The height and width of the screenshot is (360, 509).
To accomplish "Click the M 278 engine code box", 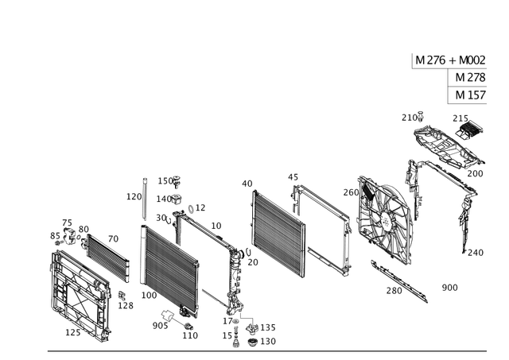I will click(x=471, y=78).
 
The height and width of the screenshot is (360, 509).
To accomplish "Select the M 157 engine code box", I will click(x=471, y=95).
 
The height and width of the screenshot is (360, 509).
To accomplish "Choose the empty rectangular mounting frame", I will click(x=323, y=226).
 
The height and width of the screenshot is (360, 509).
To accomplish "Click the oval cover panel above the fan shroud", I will click(x=445, y=146).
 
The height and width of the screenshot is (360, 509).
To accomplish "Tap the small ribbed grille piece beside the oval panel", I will click(x=470, y=125).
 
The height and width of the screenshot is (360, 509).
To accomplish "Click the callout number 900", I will click(x=450, y=285).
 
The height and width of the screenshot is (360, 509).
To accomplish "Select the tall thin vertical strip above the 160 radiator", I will click(x=142, y=197).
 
